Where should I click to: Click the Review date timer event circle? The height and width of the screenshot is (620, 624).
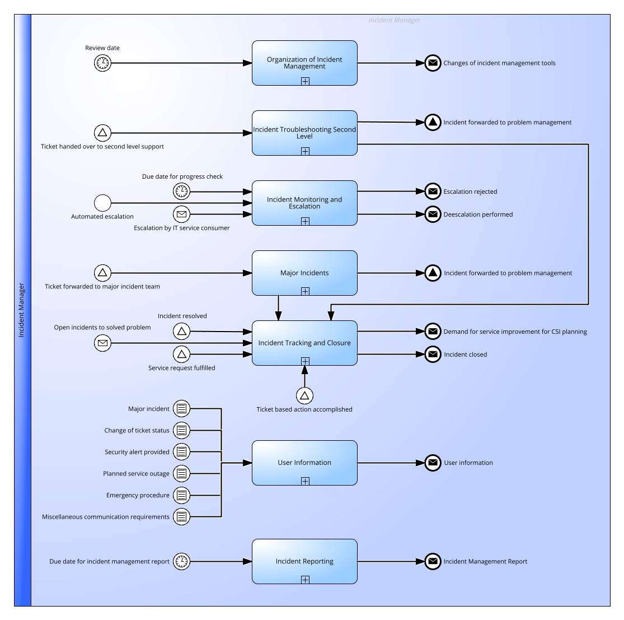[102, 63]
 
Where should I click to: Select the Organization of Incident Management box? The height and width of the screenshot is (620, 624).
[304, 63]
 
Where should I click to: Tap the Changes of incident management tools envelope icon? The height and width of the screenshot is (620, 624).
[433, 63]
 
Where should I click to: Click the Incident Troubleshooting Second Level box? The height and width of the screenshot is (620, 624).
[304, 133]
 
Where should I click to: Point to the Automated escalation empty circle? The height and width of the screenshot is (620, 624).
[102, 203]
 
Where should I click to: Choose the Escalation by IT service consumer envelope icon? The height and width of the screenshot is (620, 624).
[181, 215]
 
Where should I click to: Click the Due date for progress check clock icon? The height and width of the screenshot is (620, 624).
[181, 192]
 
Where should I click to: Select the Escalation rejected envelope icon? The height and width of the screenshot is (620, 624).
[433, 192]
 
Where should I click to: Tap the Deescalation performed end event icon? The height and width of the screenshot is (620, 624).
[433, 215]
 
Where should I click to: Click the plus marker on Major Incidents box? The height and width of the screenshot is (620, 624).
[305, 291]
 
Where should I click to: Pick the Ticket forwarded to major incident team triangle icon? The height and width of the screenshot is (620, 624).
[102, 273]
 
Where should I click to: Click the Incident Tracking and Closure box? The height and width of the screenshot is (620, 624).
[304, 343]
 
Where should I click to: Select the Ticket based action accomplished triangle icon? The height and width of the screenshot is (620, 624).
[304, 396]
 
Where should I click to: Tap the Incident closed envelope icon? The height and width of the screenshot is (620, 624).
[433, 355]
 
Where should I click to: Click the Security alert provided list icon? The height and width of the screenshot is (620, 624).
[181, 452]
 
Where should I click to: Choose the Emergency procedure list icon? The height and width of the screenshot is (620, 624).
[181, 495]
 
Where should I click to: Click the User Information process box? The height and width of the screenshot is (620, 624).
[304, 463]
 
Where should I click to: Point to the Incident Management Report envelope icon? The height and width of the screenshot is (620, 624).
[433, 561]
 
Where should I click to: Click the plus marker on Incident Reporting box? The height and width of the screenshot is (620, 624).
[305, 580]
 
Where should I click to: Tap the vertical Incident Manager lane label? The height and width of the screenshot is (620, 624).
[21, 310]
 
